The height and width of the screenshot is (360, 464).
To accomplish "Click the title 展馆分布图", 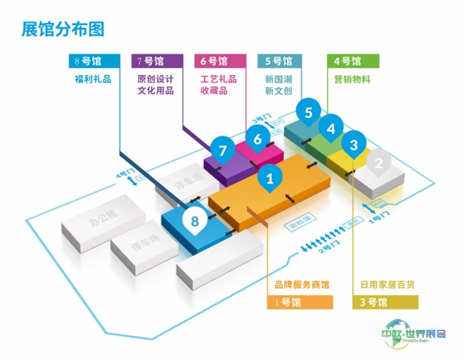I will pyautogui.click(x=63, y=29).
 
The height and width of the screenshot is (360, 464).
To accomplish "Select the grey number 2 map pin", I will pyautogui.click(x=379, y=162).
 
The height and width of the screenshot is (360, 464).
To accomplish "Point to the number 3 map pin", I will pyautogui.click(x=353, y=145).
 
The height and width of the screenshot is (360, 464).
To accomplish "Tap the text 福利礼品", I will pyautogui.click(x=93, y=80).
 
